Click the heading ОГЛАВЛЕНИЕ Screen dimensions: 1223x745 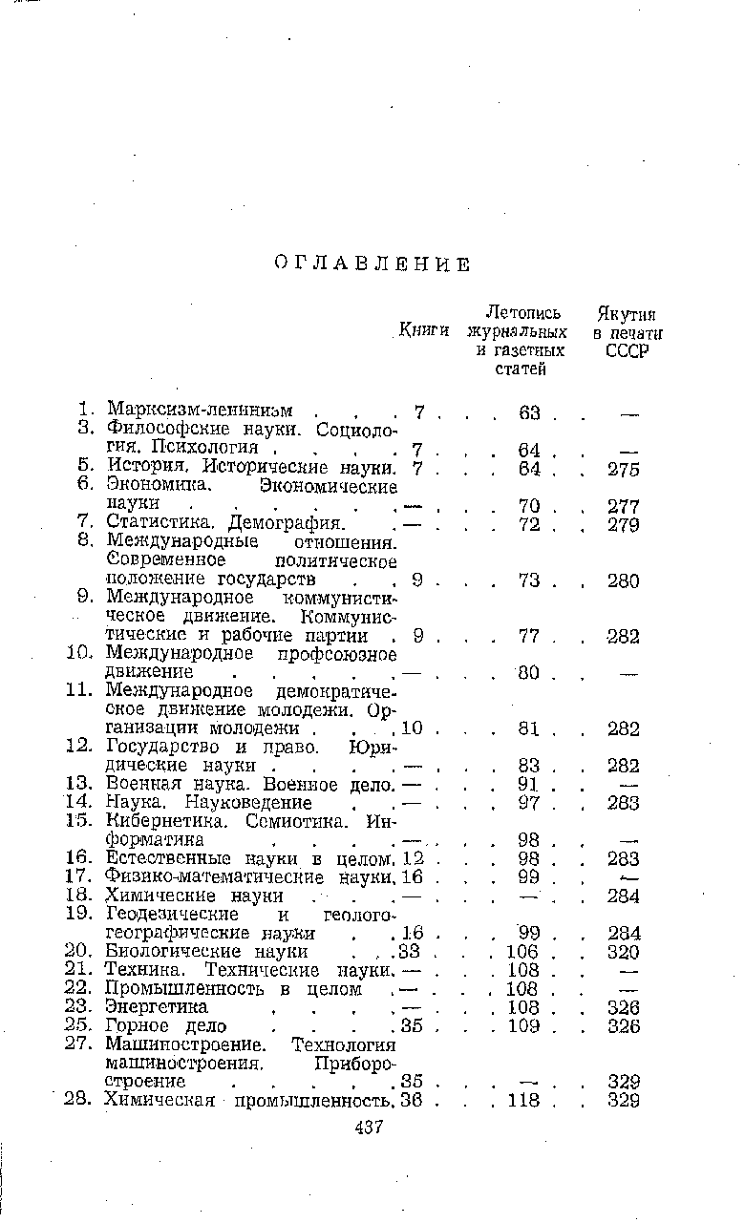[x=371, y=264]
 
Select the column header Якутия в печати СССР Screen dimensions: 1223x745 [x=628, y=331]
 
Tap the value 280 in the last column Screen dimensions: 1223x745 [x=624, y=580]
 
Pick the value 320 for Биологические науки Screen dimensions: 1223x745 [x=624, y=952]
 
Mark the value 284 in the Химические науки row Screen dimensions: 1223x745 [x=624, y=896]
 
